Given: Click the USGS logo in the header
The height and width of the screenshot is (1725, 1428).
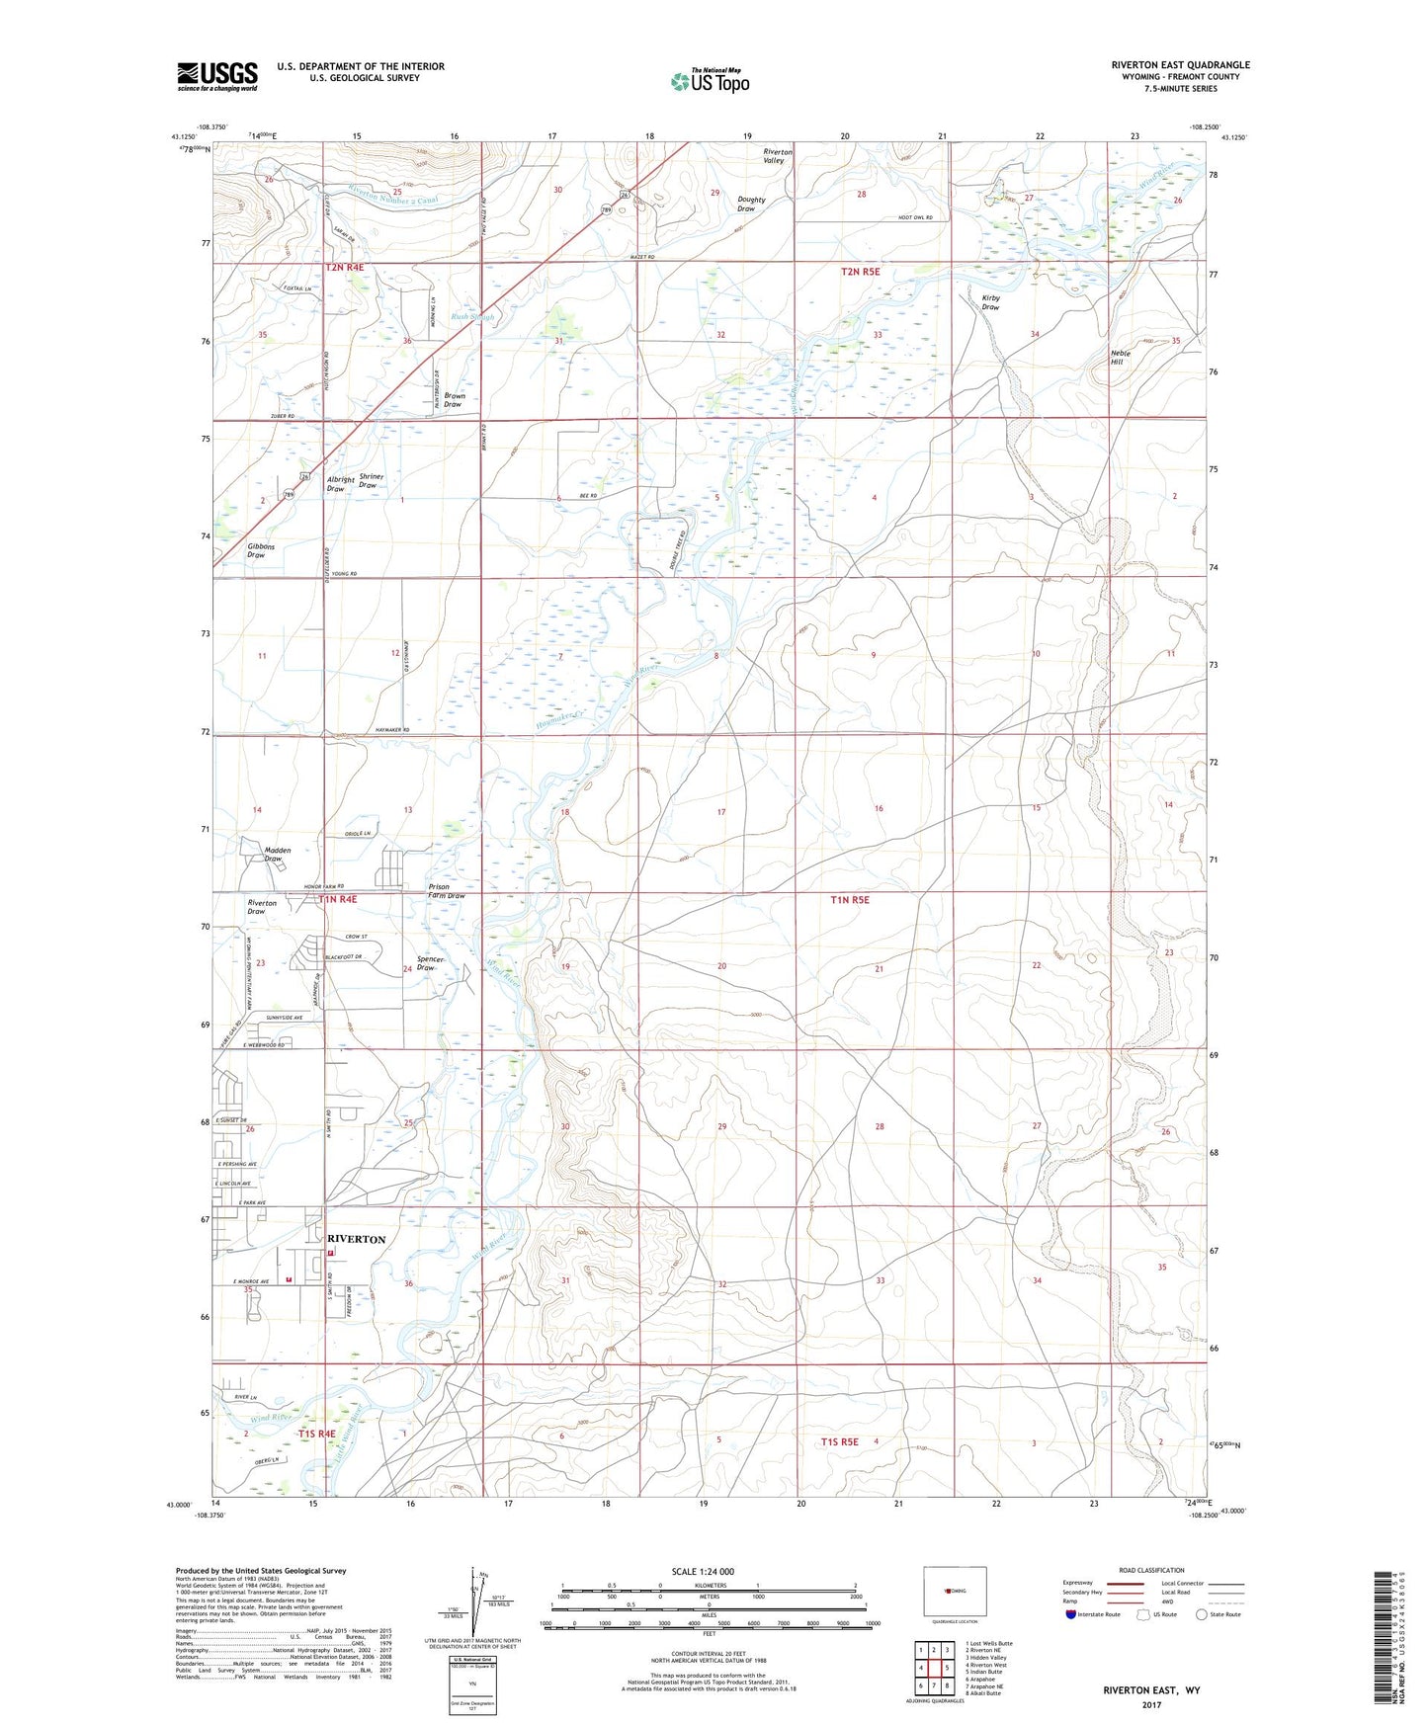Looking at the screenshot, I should click(217, 76).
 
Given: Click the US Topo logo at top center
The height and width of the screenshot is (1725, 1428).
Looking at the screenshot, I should click(709, 81).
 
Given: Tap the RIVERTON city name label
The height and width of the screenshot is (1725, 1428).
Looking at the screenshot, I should click(356, 1239).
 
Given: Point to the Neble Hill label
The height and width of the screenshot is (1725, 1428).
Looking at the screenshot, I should click(1117, 358).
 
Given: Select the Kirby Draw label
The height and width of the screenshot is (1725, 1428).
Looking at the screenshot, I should click(990, 302).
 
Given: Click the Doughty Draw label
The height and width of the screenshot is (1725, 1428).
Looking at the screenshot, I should click(751, 204).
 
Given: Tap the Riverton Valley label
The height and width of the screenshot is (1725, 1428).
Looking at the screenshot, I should click(777, 156).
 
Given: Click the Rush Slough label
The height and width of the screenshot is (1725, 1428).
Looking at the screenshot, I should click(472, 317).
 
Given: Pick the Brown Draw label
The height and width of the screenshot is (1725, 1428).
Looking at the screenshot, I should click(453, 400).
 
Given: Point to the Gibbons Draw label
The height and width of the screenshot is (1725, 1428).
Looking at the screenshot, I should click(261, 550).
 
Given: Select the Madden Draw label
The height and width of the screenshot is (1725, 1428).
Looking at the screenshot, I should click(278, 854).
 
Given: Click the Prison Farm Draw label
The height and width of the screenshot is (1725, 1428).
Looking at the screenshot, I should click(446, 891).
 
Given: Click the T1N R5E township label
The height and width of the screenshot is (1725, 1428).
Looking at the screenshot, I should click(849, 900).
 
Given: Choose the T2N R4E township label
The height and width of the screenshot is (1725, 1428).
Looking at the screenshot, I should click(345, 268).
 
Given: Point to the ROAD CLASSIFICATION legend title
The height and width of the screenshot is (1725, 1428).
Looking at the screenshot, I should click(1151, 1570).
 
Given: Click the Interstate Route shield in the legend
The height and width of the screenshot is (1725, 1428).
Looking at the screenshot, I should click(1071, 1614).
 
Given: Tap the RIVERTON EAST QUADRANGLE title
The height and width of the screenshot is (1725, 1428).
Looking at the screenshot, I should click(1180, 65).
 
